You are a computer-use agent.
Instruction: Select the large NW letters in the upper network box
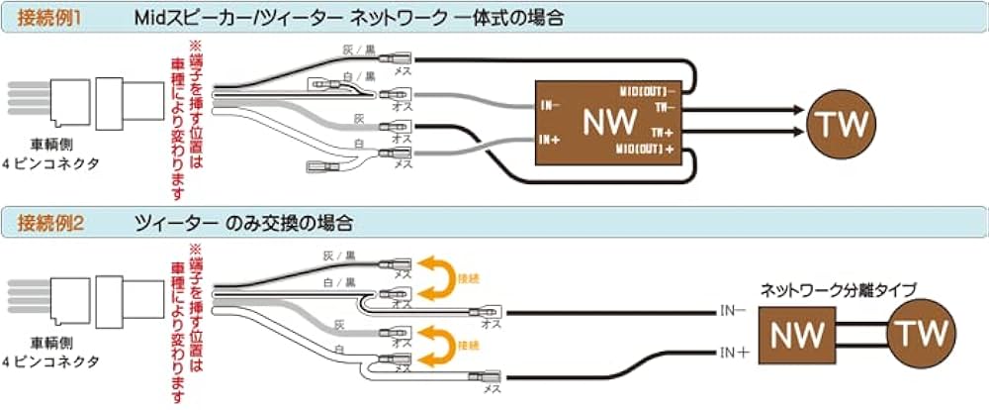(x=610, y=124)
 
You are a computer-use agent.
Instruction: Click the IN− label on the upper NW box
(x=550, y=104)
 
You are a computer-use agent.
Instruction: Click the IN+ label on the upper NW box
(x=551, y=140)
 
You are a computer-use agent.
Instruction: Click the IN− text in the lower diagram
(x=731, y=310)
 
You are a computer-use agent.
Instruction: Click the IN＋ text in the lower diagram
(x=731, y=351)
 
